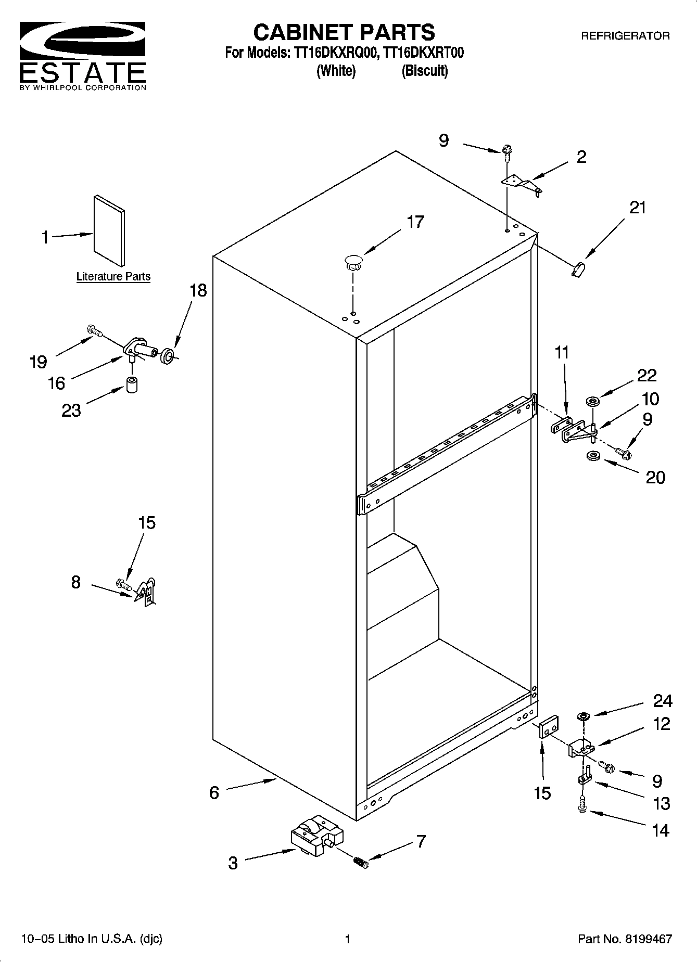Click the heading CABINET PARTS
coord(344,32)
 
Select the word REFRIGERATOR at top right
coord(625,36)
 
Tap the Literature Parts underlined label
coord(113,277)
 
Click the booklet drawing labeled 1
coord(109,230)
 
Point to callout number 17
coord(415,222)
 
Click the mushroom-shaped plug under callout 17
coord(353,261)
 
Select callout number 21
coord(637,208)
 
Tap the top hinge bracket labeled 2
coord(521,185)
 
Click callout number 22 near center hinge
coord(647,375)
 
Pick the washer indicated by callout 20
coord(592,456)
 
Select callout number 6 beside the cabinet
coord(214,792)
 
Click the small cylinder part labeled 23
coord(132,386)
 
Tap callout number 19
coord(38,362)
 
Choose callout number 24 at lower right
coord(662,701)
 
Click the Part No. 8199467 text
coord(624,939)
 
